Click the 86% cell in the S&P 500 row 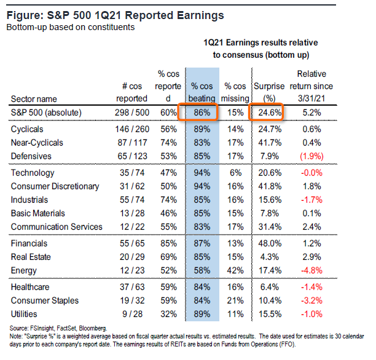pos(203,112)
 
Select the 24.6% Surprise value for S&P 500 pos(269,112)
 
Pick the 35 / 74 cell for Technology pos(132,173)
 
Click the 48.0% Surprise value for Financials pos(269,244)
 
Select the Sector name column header pos(38,98)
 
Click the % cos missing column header pos(236,93)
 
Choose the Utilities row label pos(27,314)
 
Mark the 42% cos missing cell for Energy pos(237,270)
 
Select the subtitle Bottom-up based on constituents pos(69,27)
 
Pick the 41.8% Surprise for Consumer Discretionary pos(269,187)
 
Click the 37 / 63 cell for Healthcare pos(132,288)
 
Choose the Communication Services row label pos(58,226)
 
